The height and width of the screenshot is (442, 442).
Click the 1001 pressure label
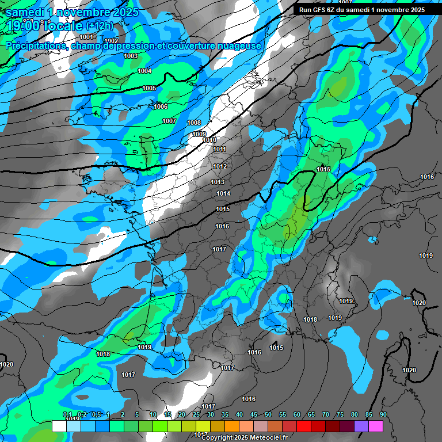point(86,36)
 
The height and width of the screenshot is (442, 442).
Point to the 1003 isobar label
point(131,56)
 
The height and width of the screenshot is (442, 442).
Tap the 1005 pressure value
point(149,88)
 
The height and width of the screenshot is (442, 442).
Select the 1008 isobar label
point(194,123)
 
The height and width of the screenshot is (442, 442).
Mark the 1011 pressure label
point(219,149)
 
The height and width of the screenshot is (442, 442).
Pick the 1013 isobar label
point(217,182)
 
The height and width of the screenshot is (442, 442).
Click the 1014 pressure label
point(223,193)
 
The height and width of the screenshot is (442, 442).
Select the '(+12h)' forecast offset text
point(100,26)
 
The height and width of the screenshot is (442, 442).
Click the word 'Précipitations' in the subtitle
point(35,45)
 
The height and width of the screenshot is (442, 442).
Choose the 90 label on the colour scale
point(383,414)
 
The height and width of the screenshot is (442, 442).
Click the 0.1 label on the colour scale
point(67,414)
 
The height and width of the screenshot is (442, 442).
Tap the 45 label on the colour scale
point(254,414)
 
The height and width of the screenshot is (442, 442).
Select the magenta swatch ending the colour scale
point(376,426)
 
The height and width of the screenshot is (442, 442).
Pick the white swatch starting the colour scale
point(59,426)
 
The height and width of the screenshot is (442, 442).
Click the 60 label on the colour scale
point(297,414)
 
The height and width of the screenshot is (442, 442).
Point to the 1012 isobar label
point(220,166)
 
